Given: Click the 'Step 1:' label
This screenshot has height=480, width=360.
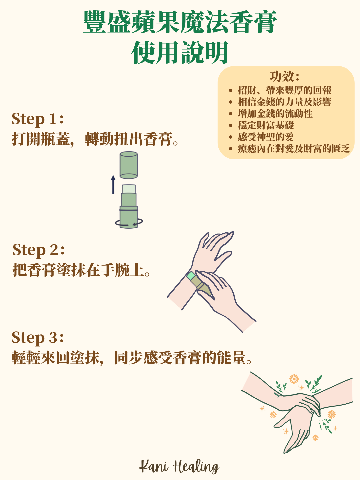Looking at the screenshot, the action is [x=38, y=119].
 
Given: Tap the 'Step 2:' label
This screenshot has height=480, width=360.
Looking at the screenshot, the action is [x=39, y=250].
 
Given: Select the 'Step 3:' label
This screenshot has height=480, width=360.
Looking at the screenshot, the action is [x=38, y=338].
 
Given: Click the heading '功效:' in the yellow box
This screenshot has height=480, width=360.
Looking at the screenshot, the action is [x=285, y=77].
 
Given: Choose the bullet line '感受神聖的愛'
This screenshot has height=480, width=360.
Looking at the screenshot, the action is [x=266, y=137].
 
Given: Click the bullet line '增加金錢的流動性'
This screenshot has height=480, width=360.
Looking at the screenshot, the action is [x=275, y=114].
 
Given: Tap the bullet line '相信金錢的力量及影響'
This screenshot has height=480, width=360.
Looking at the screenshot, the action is [x=285, y=102].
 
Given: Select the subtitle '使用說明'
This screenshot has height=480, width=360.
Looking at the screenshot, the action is [x=180, y=53].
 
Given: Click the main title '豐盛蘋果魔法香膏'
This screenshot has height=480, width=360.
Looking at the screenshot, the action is [x=180, y=22].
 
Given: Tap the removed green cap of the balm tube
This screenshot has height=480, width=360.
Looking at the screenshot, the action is [x=129, y=165].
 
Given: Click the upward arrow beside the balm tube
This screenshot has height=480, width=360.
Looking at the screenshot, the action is [x=113, y=184].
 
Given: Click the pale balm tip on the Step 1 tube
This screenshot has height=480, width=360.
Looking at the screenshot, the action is [x=129, y=189].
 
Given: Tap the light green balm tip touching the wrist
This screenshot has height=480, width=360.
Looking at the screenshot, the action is [x=191, y=276].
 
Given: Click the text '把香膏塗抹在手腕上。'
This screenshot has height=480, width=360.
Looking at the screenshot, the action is [x=81, y=270].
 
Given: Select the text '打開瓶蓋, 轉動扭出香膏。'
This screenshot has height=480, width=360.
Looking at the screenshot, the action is [x=95, y=139].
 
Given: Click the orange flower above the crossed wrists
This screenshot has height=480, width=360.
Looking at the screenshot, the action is [x=294, y=379].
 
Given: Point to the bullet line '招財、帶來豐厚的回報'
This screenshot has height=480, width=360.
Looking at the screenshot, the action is [x=285, y=90].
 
